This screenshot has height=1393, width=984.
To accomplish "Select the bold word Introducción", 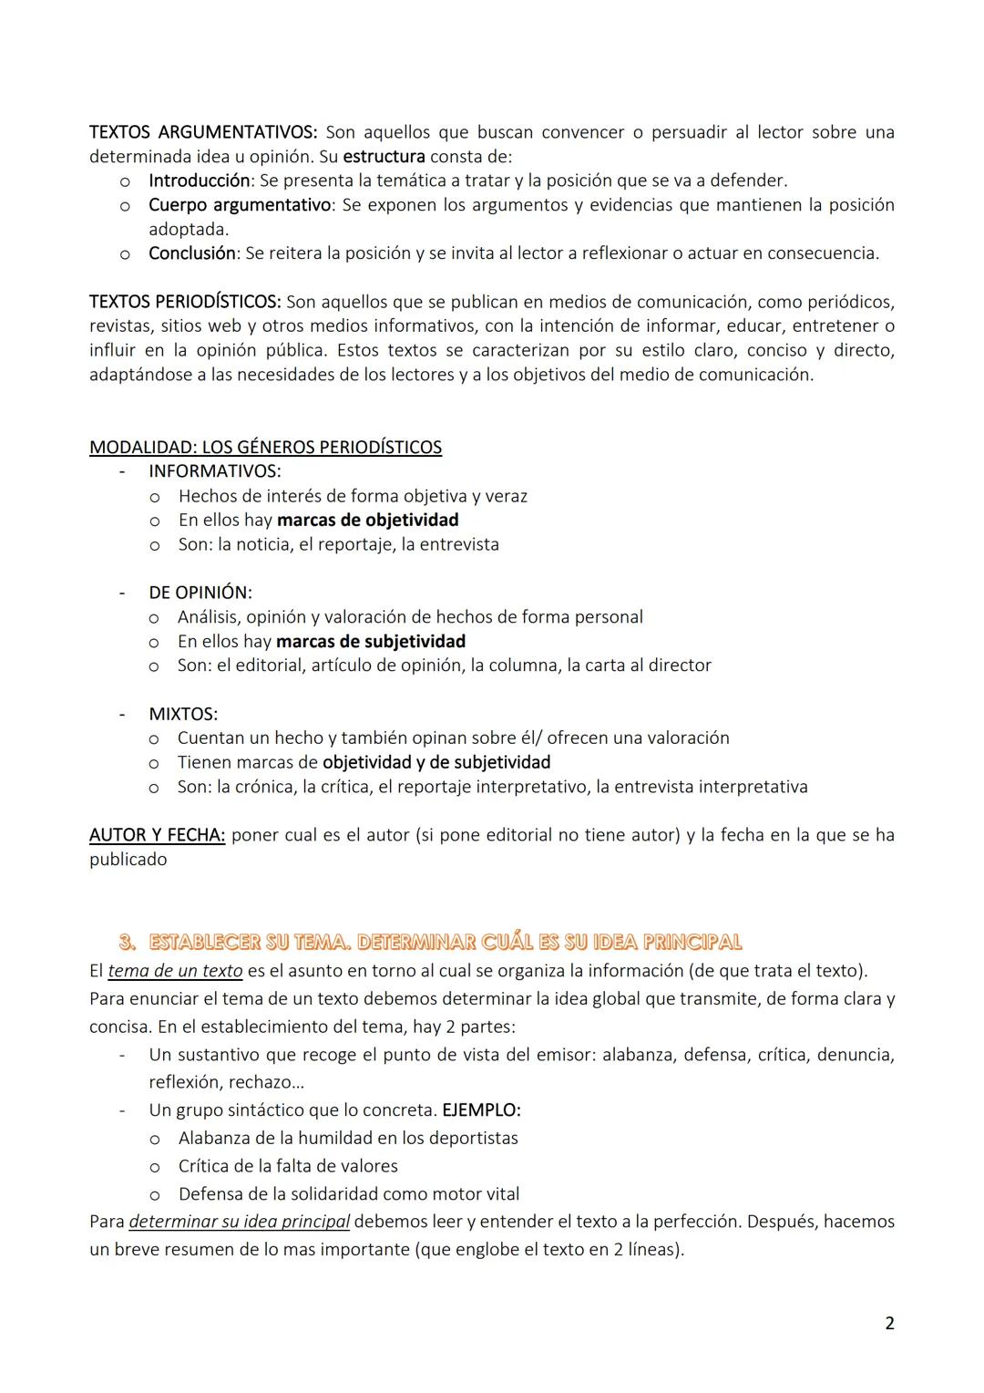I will (199, 181).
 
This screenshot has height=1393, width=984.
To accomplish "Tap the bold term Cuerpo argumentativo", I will (239, 205).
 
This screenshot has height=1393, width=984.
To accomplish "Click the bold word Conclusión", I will (191, 253).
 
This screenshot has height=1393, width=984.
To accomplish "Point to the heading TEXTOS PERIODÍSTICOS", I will (185, 302).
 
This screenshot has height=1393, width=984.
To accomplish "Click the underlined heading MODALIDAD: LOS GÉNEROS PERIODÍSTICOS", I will (265, 448).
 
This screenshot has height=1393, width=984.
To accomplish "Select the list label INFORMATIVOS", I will (214, 471).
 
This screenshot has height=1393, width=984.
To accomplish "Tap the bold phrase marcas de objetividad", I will (367, 520).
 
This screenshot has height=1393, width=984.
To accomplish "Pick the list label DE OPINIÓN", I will (200, 593).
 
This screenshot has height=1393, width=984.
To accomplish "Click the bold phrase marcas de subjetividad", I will (370, 642).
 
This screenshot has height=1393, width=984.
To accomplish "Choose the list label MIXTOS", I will (182, 714).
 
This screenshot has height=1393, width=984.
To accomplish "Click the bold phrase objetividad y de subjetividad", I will (436, 762).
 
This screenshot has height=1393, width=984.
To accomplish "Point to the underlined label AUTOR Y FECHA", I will (157, 835).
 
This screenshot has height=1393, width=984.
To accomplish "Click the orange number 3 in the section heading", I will (127, 942).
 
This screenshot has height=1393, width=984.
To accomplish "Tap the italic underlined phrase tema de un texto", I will (175, 970).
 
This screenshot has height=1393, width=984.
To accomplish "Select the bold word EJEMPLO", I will (480, 1110).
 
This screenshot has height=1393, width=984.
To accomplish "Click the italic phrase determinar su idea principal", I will (240, 1222).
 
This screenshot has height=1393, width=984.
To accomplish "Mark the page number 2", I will (889, 1324).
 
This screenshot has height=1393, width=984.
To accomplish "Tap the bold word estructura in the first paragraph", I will (384, 157).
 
